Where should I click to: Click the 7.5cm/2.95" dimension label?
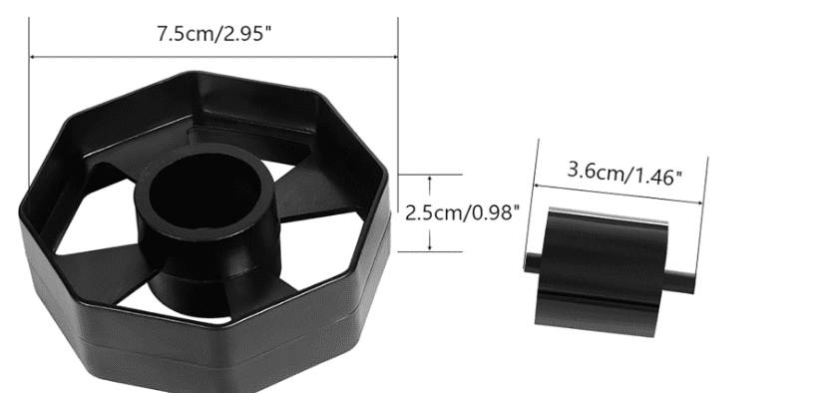point(214,33)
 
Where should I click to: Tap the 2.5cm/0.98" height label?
point(461,212)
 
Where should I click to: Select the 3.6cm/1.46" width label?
point(625,173)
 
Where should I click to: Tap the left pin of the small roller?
point(531,261)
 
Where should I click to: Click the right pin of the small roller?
point(685,280)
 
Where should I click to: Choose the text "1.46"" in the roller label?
point(656,176)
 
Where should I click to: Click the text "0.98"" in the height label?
point(493,212)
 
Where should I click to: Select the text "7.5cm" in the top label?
point(181,33)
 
